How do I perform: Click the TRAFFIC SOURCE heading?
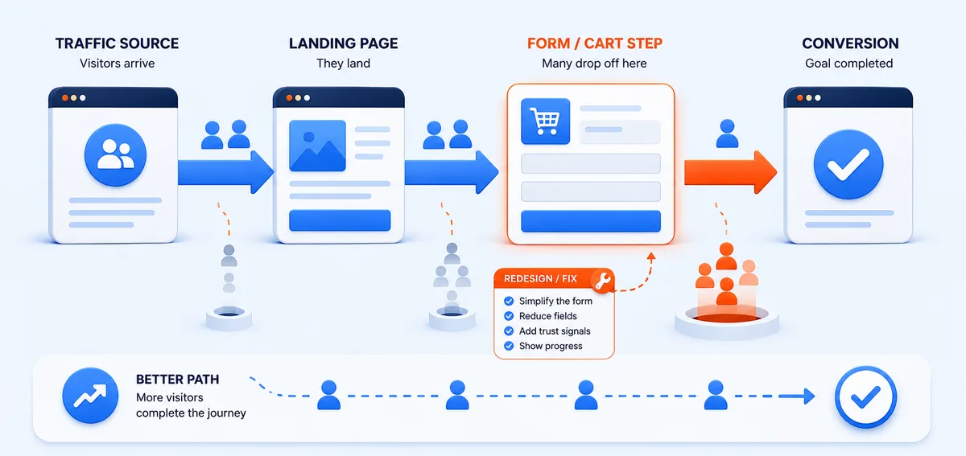tap(117, 43)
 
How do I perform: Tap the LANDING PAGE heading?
tap(343, 43)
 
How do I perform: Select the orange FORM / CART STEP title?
tap(595, 43)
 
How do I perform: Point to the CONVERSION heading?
tap(850, 43)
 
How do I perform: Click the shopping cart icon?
tap(546, 121)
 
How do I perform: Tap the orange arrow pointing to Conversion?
tap(731, 172)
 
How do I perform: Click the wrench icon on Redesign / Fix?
tap(602, 281)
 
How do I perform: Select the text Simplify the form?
tap(555, 301)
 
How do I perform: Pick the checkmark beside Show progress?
tap(509, 346)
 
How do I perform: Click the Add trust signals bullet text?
tap(555, 331)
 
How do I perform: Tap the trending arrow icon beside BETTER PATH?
tap(90, 396)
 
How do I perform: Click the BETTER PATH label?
tap(178, 380)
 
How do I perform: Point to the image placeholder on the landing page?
tap(317, 146)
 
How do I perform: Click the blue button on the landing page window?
tap(340, 220)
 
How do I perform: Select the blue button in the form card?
tap(591, 221)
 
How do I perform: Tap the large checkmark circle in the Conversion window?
tap(848, 164)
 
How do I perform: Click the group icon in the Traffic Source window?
tap(115, 154)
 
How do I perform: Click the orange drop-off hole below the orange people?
tap(727, 318)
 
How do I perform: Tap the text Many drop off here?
tap(594, 64)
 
